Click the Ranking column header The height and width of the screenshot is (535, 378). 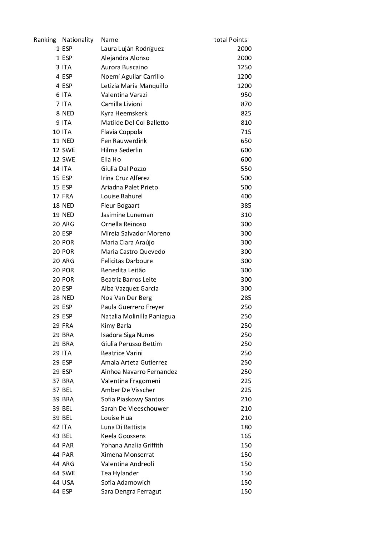(x=45, y=40)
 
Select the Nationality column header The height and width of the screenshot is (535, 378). (x=78, y=40)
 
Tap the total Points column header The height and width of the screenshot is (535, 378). (x=230, y=40)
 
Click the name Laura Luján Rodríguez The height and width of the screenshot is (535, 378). (x=132, y=49)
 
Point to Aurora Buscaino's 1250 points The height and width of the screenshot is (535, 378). (x=244, y=67)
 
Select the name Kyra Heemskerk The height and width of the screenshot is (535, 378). (x=124, y=113)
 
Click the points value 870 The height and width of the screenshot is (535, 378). (x=246, y=104)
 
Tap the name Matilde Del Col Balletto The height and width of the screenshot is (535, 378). (x=135, y=123)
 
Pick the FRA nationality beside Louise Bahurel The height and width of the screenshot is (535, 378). (x=68, y=196)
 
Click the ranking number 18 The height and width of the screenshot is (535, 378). (x=56, y=205)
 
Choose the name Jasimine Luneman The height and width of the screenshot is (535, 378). (x=127, y=215)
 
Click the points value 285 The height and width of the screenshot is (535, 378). (x=246, y=298)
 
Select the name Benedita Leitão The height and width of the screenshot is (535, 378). (x=123, y=270)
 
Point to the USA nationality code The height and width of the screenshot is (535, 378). (x=68, y=482)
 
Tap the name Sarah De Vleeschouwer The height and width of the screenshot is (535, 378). (x=135, y=408)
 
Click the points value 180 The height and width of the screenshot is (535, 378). (x=246, y=427)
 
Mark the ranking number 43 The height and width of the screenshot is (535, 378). (x=56, y=436)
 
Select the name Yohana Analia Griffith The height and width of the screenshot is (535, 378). (x=132, y=445)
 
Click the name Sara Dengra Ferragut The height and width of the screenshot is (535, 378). (x=131, y=491)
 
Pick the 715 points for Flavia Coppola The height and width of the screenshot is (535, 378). (x=246, y=132)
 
